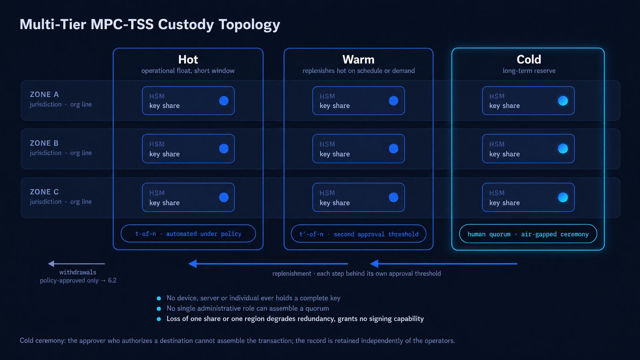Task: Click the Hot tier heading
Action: tap(188, 60)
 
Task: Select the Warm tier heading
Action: tap(358, 60)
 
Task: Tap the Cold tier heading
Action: tap(529, 60)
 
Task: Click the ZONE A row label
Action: tap(44, 94)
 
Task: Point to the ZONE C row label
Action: tap(44, 192)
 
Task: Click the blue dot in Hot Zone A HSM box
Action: tap(224, 100)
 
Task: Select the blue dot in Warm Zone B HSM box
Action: tap(394, 148)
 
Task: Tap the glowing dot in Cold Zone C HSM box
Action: tap(563, 197)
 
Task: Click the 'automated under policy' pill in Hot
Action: tap(188, 234)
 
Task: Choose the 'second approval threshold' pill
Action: tap(358, 234)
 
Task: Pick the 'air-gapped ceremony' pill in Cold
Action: tap(528, 234)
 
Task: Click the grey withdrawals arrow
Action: tap(76, 264)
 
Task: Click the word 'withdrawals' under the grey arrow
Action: tap(78, 272)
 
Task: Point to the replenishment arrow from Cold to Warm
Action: tap(444, 264)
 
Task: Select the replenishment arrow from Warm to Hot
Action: tap(268, 264)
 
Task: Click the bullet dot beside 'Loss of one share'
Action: tap(159, 319)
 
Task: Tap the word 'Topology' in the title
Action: tap(249, 24)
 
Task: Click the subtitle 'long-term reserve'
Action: tap(529, 71)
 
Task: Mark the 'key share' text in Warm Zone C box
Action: tap(334, 203)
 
